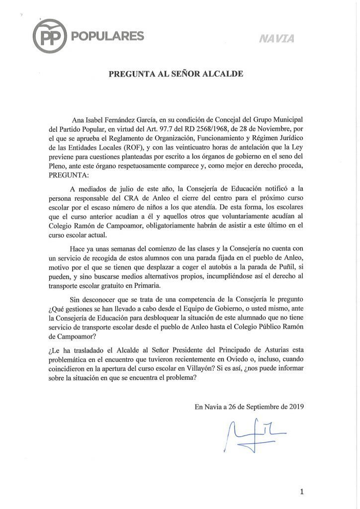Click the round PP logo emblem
[51, 36]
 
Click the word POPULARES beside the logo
[108, 36]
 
